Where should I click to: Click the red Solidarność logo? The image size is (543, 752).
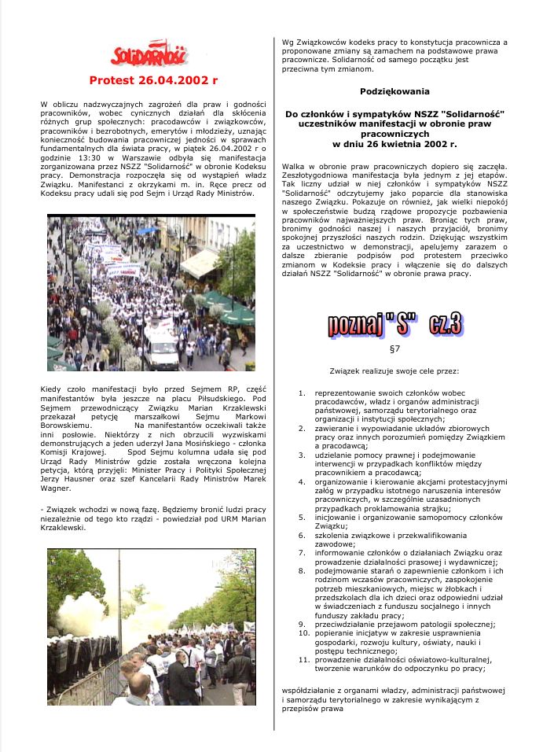(x=149, y=54)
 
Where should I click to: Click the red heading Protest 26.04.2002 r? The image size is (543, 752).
(x=153, y=80)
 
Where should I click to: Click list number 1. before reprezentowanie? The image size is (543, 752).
(x=303, y=392)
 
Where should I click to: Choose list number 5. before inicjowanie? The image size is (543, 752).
(x=303, y=517)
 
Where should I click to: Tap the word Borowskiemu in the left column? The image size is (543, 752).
(x=67, y=426)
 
